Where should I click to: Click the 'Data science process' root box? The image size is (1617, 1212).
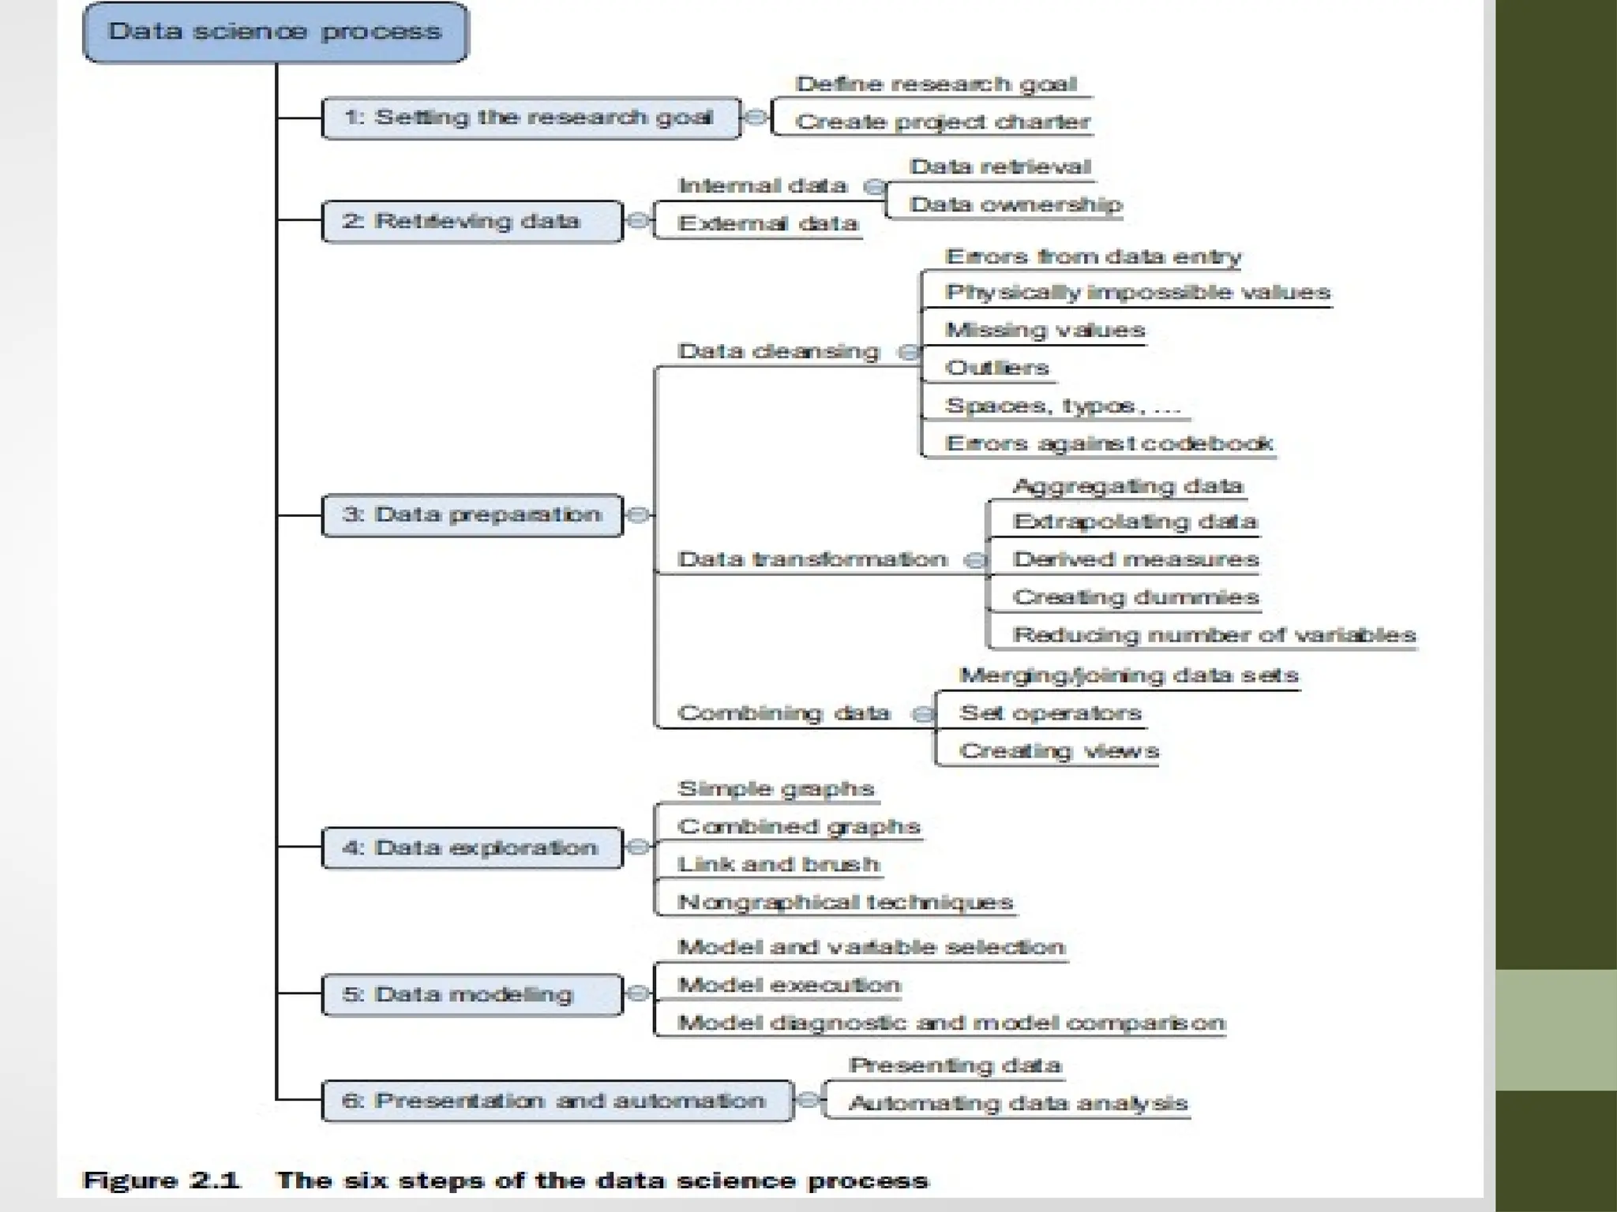[275, 32]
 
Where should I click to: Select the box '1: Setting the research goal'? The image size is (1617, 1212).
[531, 118]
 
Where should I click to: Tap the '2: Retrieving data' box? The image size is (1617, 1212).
[472, 222]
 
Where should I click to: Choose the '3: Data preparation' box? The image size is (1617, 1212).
[472, 515]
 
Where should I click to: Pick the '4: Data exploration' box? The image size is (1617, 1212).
[472, 848]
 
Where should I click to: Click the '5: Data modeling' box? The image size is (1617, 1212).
[472, 995]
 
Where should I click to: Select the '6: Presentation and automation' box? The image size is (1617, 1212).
[556, 1101]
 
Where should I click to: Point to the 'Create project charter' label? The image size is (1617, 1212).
[942, 122]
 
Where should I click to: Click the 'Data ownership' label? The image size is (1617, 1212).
[1015, 205]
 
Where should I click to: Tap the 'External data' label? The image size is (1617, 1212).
[767, 224]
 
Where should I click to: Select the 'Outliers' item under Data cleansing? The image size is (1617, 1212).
[997, 368]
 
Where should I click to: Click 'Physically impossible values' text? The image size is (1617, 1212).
[1138, 293]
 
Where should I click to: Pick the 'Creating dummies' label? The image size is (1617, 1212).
[1135, 597]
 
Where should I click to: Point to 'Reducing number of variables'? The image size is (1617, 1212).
[1214, 635]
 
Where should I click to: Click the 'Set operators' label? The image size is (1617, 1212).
[1050, 713]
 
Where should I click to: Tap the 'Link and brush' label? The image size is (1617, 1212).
[778, 865]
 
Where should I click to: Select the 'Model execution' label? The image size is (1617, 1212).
[789, 986]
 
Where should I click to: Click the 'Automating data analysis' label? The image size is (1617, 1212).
[1018, 1103]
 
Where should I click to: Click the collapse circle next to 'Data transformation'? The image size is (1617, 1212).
[976, 560]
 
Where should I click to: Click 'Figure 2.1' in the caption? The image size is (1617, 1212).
[161, 1181]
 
